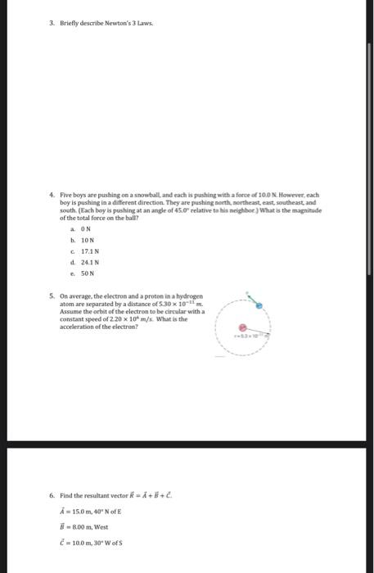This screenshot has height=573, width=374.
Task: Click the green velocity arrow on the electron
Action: pyautogui.click(x=250, y=297)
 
